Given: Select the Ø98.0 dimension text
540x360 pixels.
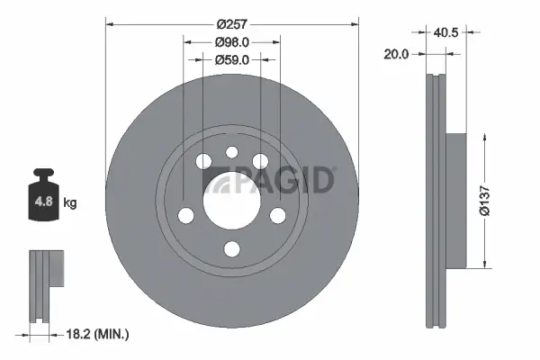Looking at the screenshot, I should click(x=231, y=42).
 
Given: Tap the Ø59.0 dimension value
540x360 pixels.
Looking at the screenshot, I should click(x=231, y=60).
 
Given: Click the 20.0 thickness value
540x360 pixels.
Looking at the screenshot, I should click(x=396, y=54).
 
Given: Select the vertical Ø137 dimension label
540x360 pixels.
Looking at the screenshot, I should click(x=483, y=200).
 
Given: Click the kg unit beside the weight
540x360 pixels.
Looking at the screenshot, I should click(x=69, y=203).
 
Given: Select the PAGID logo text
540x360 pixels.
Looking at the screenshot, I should click(x=279, y=180).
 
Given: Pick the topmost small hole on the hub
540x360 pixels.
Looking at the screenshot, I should click(x=230, y=152).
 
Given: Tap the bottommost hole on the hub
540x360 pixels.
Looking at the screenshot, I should click(x=230, y=249).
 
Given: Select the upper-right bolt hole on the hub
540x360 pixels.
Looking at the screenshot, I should click(x=261, y=161).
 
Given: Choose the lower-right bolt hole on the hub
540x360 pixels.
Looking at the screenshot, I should click(x=277, y=215).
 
